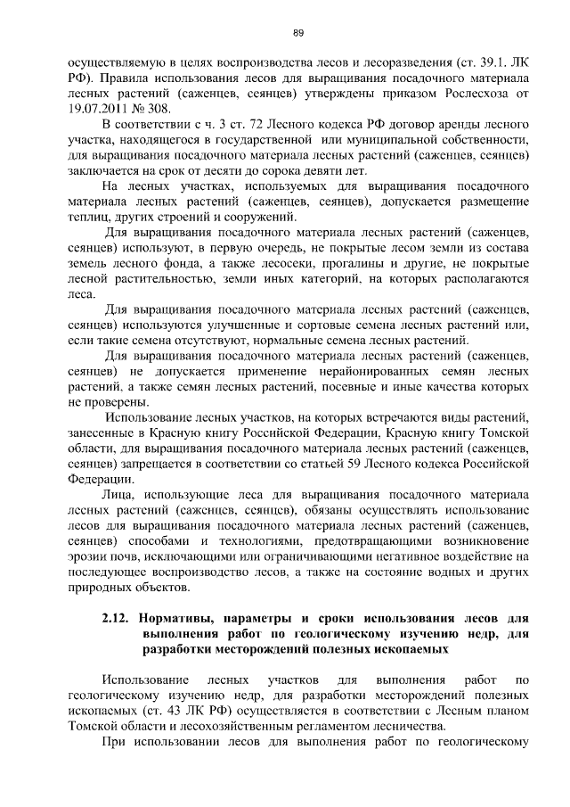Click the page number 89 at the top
point(298,33)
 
